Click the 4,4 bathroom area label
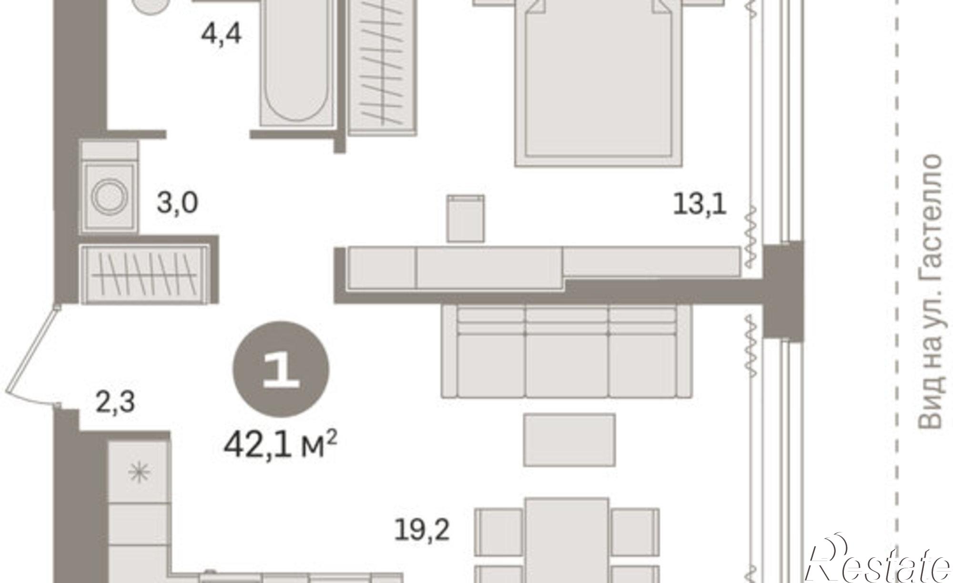click(221, 34)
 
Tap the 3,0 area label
click(177, 204)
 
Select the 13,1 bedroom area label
click(700, 206)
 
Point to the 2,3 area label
click(115, 402)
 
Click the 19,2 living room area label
click(422, 531)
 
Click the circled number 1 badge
click(281, 369)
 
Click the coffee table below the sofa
click(569, 440)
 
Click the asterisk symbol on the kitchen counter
click(139, 472)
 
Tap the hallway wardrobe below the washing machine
click(145, 275)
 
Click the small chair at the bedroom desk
click(466, 218)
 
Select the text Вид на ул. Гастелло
click(930, 291)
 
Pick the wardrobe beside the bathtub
click(383, 67)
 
